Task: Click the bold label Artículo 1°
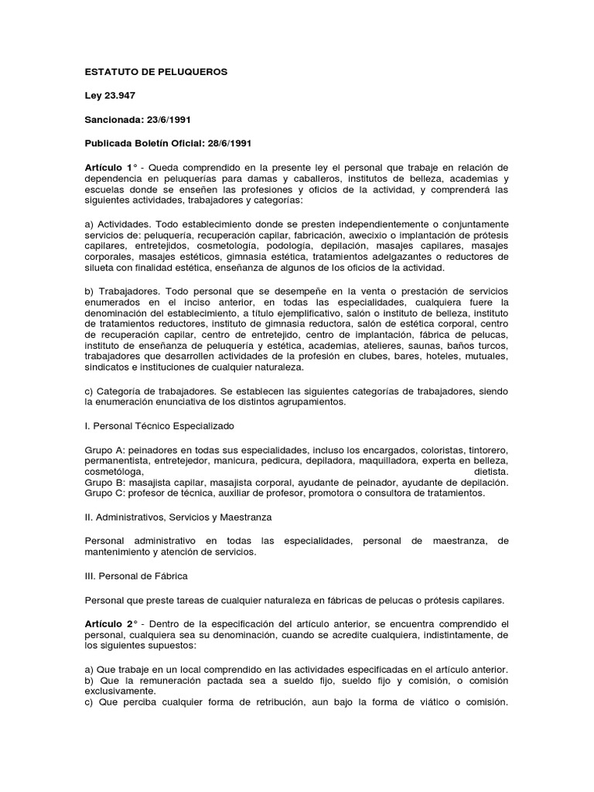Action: pyautogui.click(x=111, y=168)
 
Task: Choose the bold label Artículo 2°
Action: pyautogui.click(x=111, y=623)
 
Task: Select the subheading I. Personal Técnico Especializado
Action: pyautogui.click(x=159, y=425)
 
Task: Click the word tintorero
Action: pyautogui.click(x=484, y=449)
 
